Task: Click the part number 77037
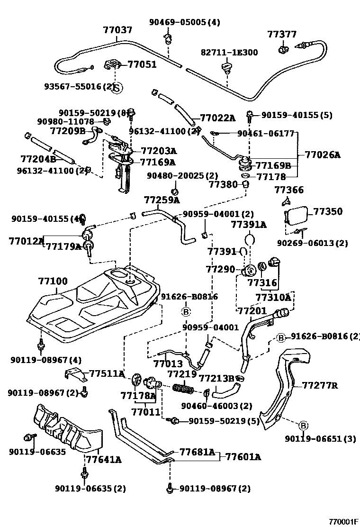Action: tap(117, 30)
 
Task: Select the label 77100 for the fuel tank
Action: tap(53, 282)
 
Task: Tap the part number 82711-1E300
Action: tap(230, 52)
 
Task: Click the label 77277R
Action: tap(320, 385)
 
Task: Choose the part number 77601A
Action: tap(243, 457)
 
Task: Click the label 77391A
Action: tap(249, 224)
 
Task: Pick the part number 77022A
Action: tap(217, 118)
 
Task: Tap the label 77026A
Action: tap(322, 154)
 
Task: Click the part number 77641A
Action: tap(103, 459)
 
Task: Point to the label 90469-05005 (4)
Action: tap(178, 22)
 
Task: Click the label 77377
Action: tap(282, 34)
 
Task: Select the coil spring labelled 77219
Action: tap(184, 389)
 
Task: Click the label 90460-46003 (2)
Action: tap(216, 406)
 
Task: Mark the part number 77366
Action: tap(289, 190)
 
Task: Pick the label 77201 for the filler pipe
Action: tap(252, 311)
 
